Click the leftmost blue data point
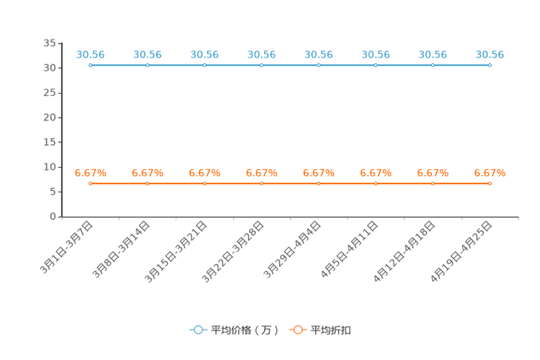click(90, 65)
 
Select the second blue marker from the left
click(147, 65)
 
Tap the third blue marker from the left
click(204, 65)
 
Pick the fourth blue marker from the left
click(261, 65)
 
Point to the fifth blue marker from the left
click(319, 65)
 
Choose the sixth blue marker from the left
click(375, 65)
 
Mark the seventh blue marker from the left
click(433, 65)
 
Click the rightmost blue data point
click(490, 65)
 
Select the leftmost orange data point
click(90, 184)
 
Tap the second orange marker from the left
click(147, 184)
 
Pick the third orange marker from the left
click(204, 184)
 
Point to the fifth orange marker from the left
click(319, 184)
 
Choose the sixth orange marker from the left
click(375, 184)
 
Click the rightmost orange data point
click(490, 184)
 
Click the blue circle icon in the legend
click(198, 330)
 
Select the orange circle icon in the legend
click(298, 330)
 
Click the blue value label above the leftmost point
click(90, 54)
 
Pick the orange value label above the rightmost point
click(490, 173)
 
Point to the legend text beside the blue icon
click(245, 330)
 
